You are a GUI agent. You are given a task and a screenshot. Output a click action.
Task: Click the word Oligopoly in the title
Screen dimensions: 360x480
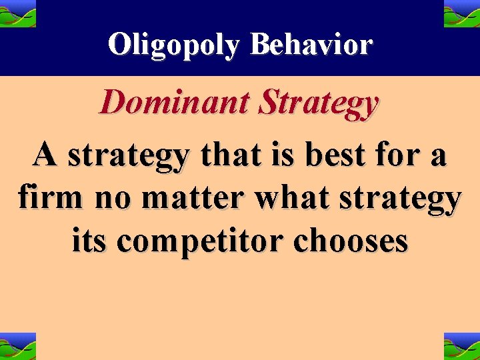(x=175, y=45)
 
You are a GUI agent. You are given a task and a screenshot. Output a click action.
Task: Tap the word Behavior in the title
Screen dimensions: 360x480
(x=311, y=45)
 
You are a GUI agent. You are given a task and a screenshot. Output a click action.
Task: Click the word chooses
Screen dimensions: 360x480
(x=351, y=240)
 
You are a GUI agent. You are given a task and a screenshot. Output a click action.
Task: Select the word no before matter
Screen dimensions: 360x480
(x=103, y=199)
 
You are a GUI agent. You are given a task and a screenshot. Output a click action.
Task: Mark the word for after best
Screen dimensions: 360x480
(x=384, y=155)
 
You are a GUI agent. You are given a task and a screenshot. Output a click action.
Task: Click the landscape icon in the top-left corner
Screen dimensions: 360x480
(x=18, y=13)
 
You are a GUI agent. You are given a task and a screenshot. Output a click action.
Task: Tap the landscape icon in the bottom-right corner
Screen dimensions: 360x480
(x=461, y=346)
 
